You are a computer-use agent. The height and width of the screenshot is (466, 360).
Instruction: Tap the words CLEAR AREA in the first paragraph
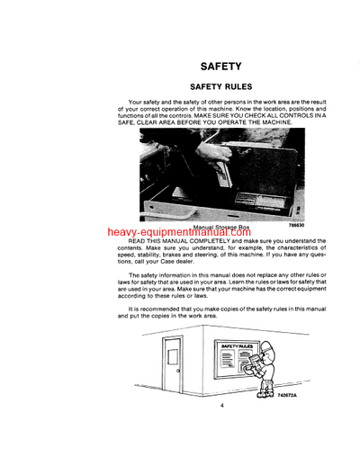pyautogui.click(x=168, y=125)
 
